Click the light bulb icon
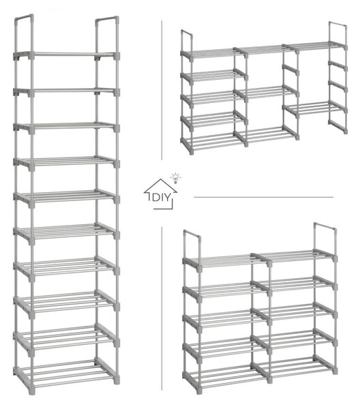pos(175,178)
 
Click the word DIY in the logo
pos(161,198)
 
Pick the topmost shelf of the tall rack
pos(67,55)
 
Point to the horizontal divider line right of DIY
pos(263,197)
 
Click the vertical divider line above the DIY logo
pos(162,90)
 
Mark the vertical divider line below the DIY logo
pos(162,309)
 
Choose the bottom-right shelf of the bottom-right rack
pos(295,366)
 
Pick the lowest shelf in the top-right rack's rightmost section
pos(315,108)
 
